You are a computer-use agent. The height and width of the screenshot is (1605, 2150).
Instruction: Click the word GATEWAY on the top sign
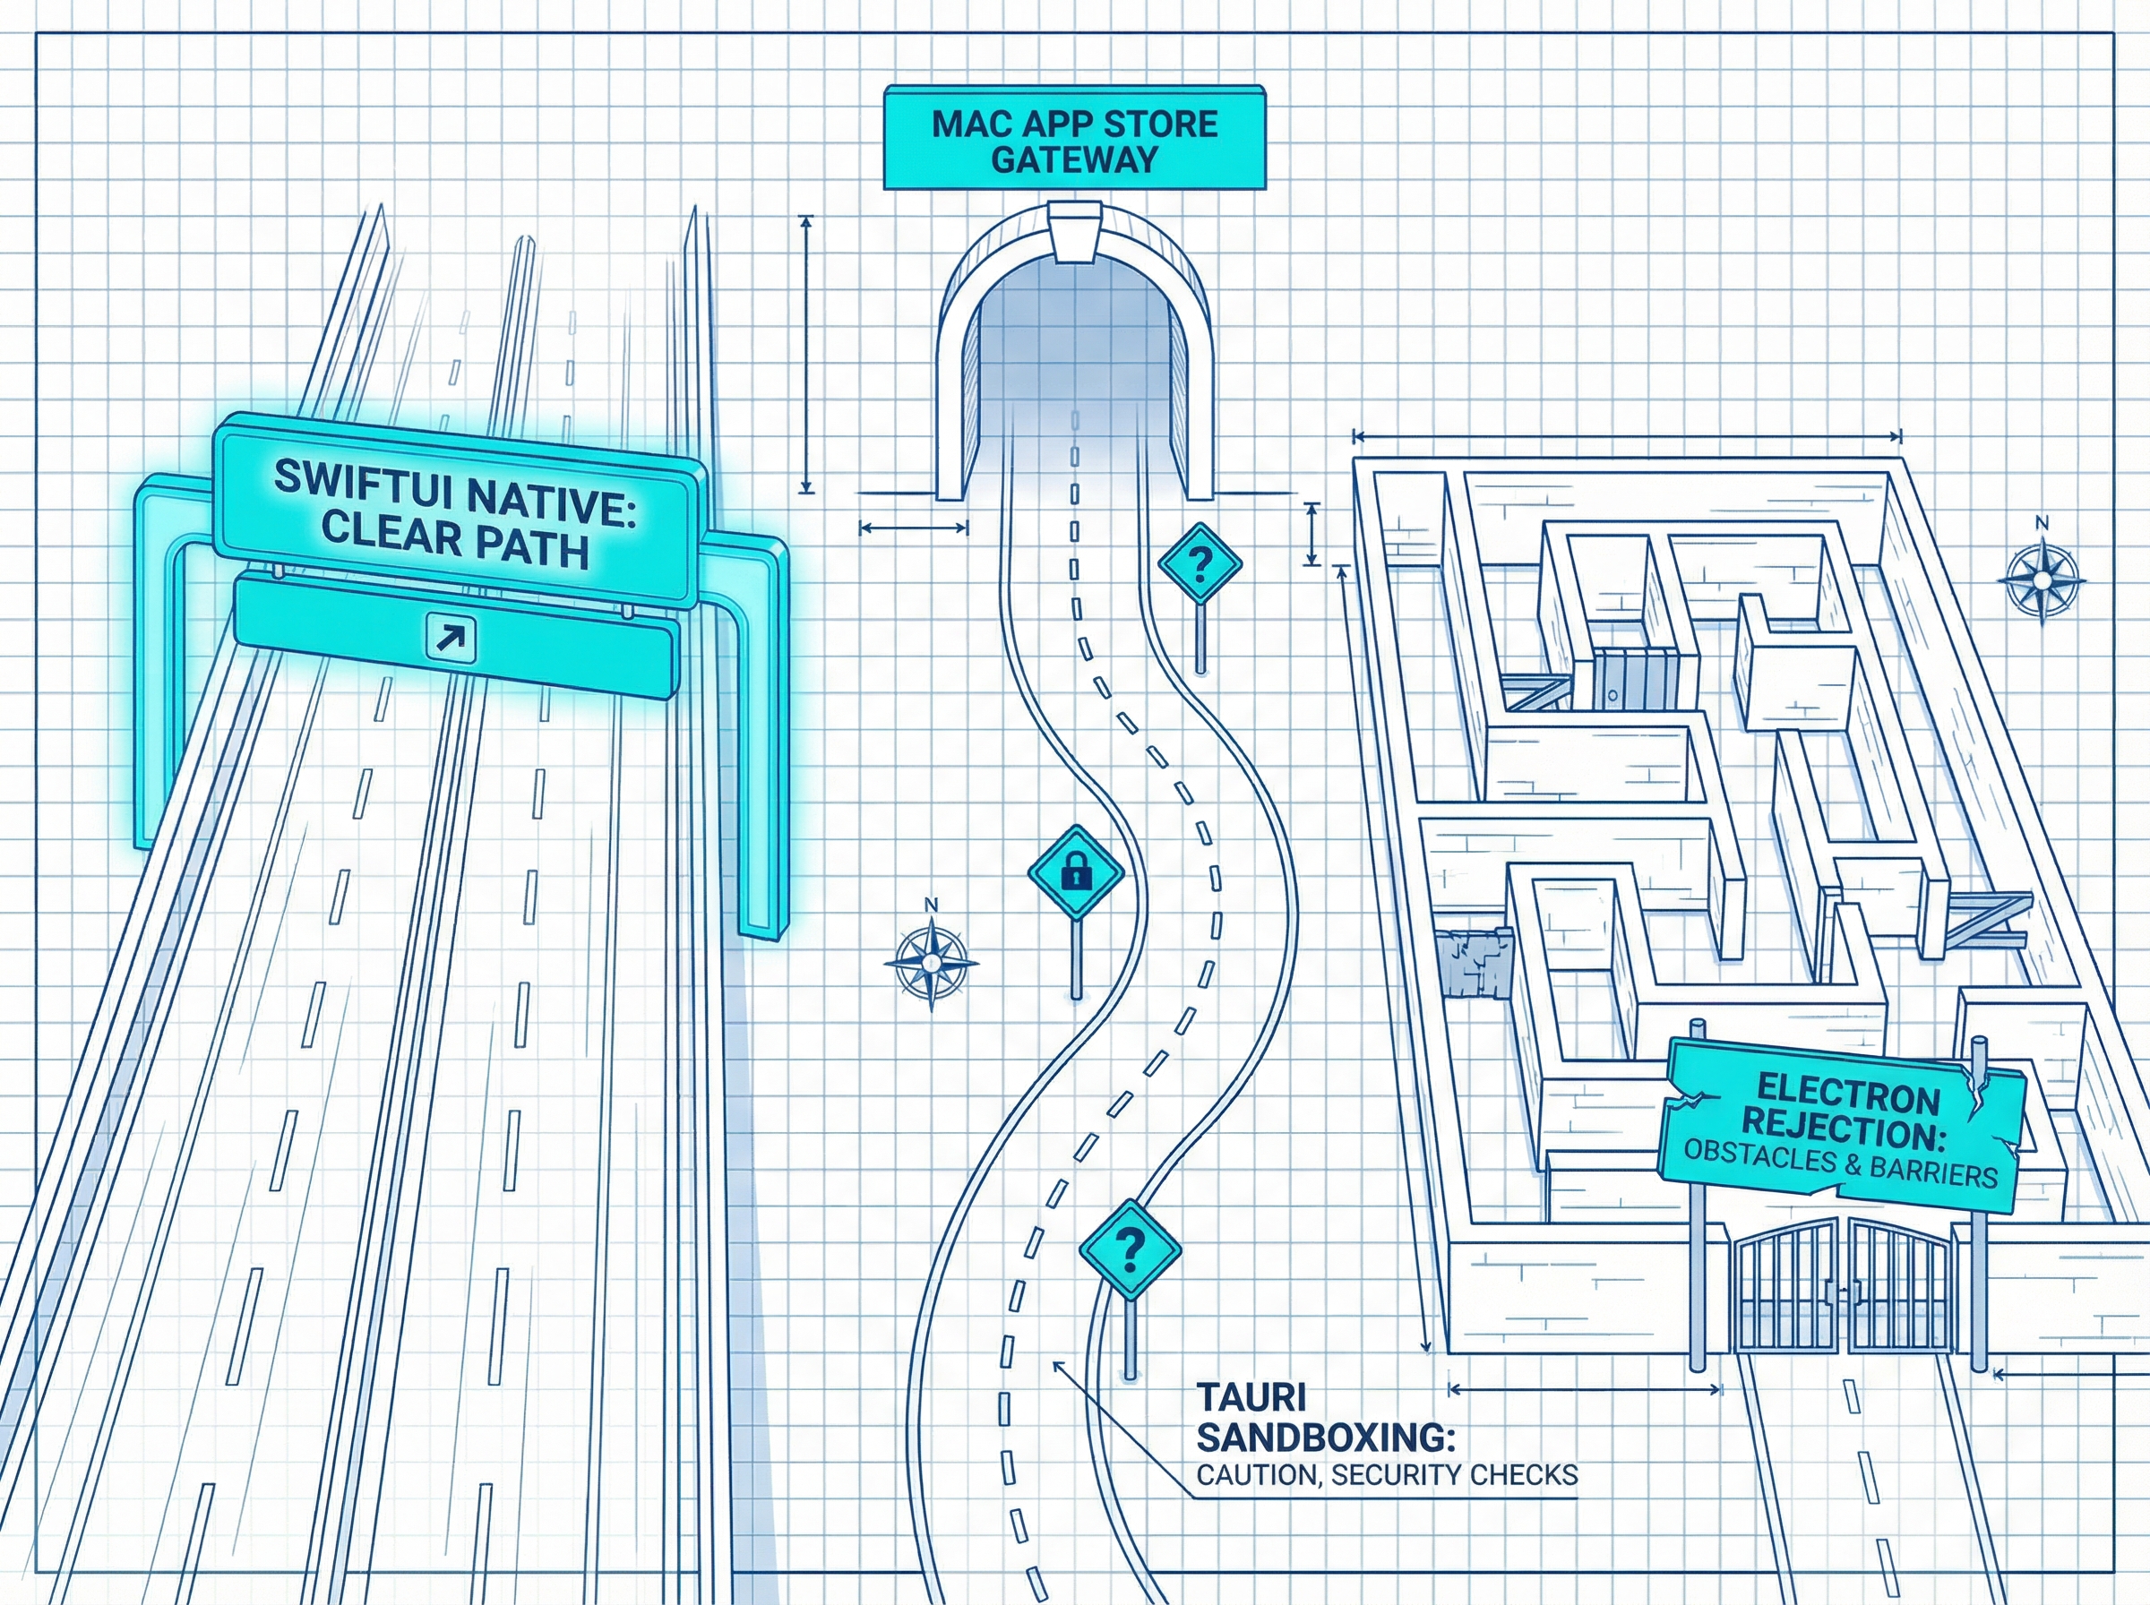click(1073, 159)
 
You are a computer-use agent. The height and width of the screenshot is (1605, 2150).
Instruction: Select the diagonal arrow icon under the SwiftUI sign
click(451, 638)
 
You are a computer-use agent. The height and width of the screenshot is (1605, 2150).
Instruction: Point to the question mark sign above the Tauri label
click(1130, 1249)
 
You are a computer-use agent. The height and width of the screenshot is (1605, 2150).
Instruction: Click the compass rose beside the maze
click(2042, 580)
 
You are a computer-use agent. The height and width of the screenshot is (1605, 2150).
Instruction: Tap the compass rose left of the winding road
click(931, 962)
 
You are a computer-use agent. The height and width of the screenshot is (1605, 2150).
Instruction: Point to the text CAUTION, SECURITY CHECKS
click(1387, 1475)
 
